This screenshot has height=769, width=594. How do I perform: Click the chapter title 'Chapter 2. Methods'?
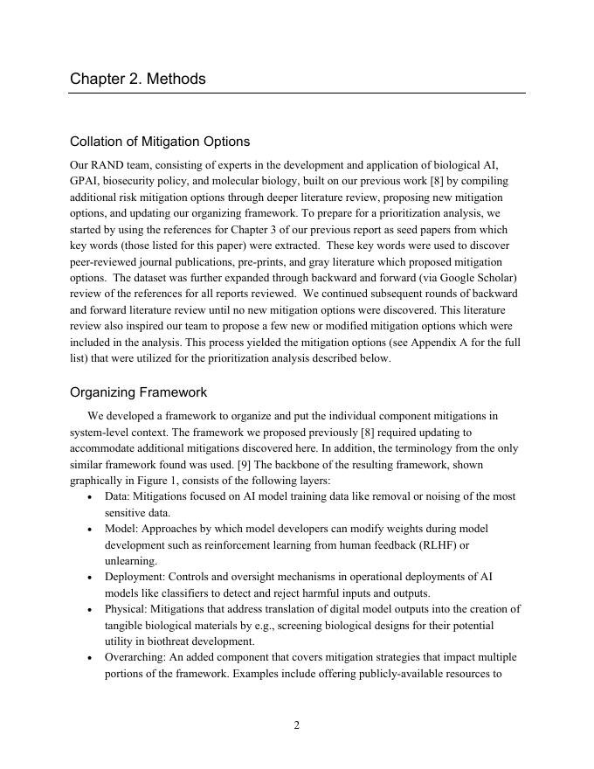pos(138,79)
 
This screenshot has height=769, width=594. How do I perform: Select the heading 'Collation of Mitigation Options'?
pos(160,142)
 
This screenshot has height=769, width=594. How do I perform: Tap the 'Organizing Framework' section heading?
pos(138,392)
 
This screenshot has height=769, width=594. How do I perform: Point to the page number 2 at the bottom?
pos(297,724)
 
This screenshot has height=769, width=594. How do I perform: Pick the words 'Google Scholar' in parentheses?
pos(480,278)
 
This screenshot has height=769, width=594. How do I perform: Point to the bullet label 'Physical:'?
pos(128,609)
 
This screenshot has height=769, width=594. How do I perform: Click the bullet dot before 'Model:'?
pos(92,530)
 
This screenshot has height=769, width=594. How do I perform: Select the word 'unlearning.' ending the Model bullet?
pos(131,561)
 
